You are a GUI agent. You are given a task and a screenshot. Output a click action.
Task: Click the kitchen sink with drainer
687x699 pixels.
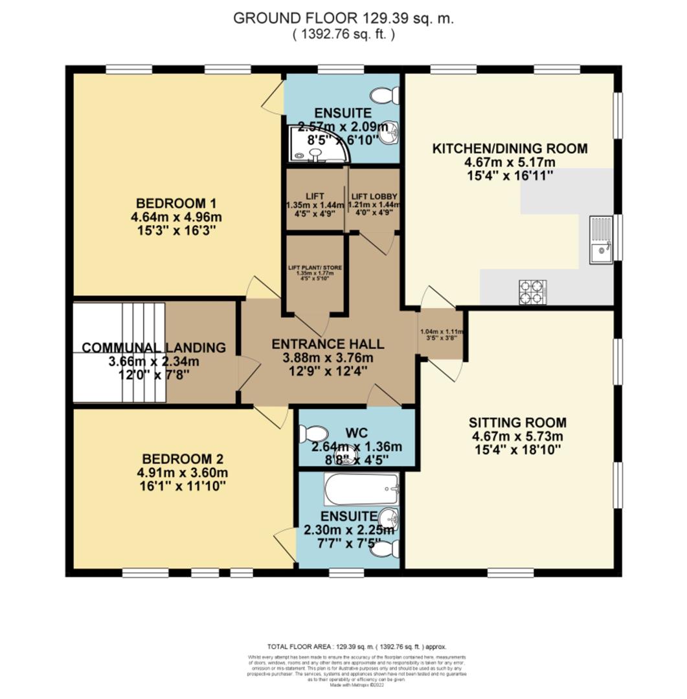600,239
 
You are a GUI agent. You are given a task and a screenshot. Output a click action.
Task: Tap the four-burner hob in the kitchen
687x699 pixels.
532,291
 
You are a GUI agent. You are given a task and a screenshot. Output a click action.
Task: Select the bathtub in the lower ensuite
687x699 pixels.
361,490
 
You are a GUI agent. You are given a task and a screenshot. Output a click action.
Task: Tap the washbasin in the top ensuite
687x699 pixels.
390,135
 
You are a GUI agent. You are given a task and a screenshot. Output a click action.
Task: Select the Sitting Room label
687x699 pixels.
517,423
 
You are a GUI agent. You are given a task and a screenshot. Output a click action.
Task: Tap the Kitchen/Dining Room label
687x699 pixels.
510,148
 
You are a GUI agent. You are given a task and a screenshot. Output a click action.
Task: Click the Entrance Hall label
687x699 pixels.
328,343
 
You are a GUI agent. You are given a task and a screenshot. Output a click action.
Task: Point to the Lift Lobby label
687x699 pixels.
374,196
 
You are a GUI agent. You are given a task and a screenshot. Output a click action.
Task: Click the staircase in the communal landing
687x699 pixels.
120,353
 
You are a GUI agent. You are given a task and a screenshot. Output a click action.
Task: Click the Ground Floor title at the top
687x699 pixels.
343,18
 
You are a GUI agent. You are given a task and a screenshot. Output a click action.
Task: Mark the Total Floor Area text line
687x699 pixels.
356,647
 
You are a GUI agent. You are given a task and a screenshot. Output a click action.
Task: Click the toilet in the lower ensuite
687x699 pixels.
387,549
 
